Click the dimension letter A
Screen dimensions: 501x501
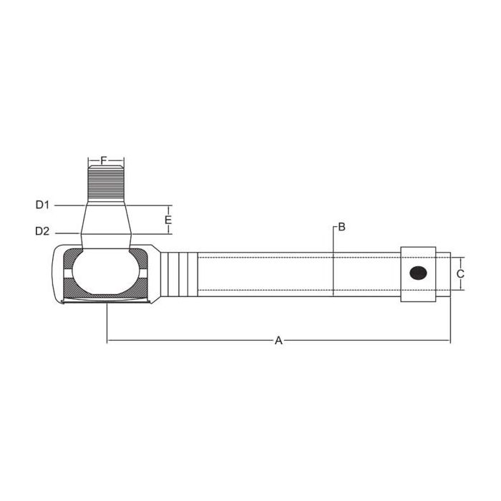pyautogui.click(x=279, y=341)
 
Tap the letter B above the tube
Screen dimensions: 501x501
pyautogui.click(x=342, y=227)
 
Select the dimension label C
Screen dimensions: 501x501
pyautogui.click(x=461, y=274)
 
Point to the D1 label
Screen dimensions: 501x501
pyautogui.click(x=42, y=205)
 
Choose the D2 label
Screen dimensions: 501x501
pyautogui.click(x=42, y=231)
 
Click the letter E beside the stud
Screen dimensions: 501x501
pyautogui.click(x=167, y=220)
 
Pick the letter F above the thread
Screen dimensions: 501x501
pyautogui.click(x=104, y=160)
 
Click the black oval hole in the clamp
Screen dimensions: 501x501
pyautogui.click(x=418, y=273)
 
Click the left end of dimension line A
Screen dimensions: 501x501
pyautogui.click(x=107, y=341)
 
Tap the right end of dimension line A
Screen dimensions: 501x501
pyautogui.click(x=450, y=341)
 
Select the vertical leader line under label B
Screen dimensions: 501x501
pyautogui.click(x=334, y=265)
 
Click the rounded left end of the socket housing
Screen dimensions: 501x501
pyautogui.click(x=56, y=274)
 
